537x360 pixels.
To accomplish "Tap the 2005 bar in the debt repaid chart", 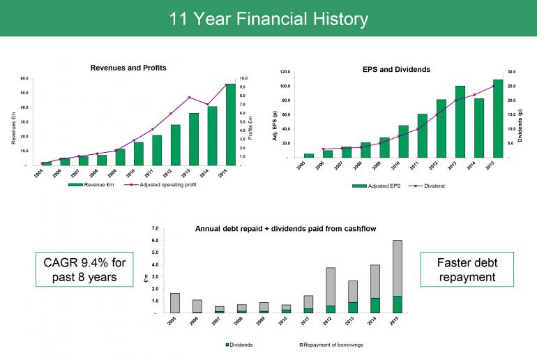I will [175, 303].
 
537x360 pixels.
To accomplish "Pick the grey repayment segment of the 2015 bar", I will [398, 268].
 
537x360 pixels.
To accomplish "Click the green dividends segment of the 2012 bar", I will [331, 309].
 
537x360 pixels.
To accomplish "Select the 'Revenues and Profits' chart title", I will [128, 68].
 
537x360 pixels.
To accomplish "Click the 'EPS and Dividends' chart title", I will [396, 70].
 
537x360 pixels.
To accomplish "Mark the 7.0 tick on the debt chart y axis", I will [155, 228].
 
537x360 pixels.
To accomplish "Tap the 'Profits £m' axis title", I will [269, 121].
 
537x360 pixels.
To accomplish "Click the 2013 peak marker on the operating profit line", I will [189, 98].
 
